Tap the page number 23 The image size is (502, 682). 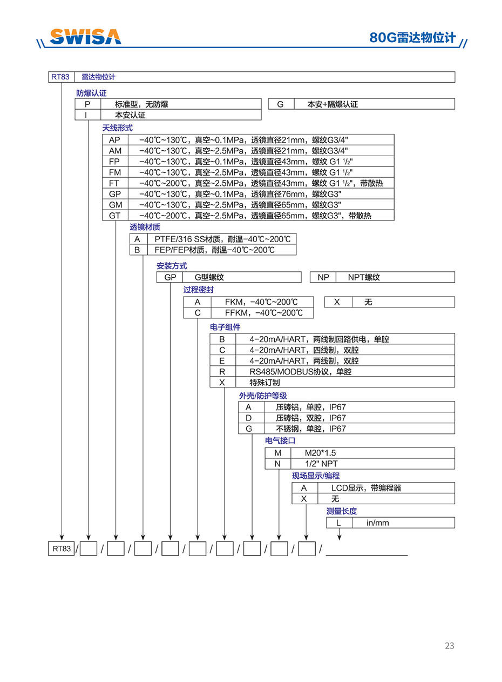coord(450,645)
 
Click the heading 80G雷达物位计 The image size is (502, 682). coord(412,37)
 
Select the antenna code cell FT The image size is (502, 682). coord(114,183)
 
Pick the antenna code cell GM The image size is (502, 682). coord(115,205)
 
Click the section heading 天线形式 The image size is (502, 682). coord(117,128)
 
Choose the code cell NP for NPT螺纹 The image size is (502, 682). coord(323,277)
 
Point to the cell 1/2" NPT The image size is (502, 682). coord(322,464)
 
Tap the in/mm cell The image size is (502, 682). coord(378,523)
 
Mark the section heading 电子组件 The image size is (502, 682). coord(225,327)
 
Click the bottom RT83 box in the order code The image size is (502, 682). coord(61,549)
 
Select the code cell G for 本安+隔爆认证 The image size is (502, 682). coord(280,104)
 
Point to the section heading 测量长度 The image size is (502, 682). coord(341,511)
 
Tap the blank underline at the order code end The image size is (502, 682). coord(367,550)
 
